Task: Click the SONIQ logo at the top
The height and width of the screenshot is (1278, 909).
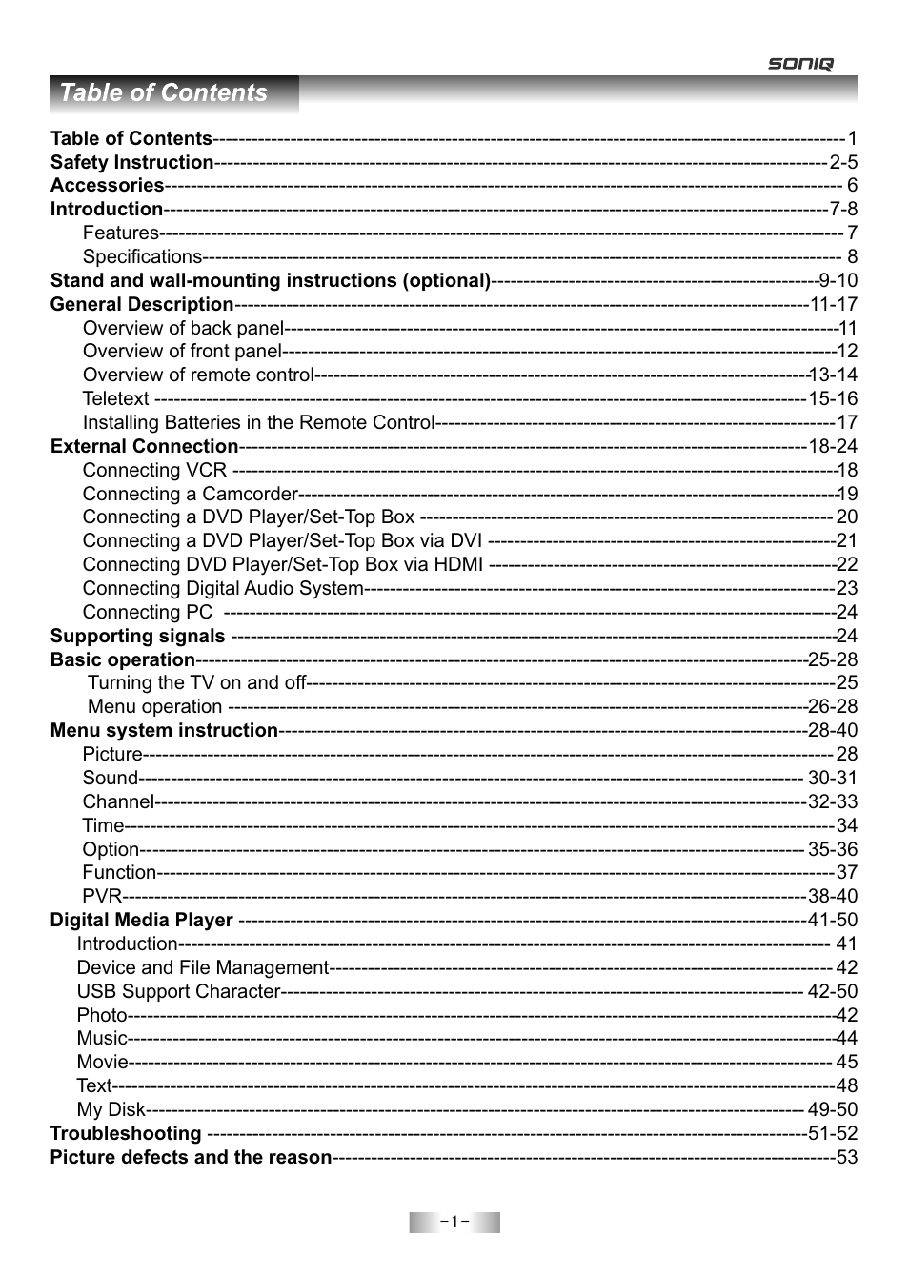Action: coord(800,64)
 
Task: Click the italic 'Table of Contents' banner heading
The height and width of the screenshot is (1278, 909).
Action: coord(164,92)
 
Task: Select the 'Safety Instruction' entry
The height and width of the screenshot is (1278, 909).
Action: coord(131,162)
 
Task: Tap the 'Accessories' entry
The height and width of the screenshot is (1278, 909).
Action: coord(107,186)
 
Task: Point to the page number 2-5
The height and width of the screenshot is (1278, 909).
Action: coord(843,162)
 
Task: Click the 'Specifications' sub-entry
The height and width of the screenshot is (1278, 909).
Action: coord(142,256)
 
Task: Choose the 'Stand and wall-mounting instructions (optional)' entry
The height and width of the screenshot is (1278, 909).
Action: coord(271,280)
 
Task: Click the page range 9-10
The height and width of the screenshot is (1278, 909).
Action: coord(838,280)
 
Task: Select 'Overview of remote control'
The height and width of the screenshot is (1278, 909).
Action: coord(198,375)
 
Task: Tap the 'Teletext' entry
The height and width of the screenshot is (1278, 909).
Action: coord(115,398)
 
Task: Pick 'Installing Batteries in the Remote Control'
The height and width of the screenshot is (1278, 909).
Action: coord(258,422)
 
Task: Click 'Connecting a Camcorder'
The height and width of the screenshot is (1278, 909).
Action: coord(190,494)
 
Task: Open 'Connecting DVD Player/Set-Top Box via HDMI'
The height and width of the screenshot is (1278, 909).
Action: coord(282,564)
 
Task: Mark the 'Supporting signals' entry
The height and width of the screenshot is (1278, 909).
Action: coord(137,636)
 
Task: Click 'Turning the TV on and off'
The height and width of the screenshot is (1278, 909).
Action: coord(197,682)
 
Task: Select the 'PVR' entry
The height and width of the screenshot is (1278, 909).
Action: coord(102,896)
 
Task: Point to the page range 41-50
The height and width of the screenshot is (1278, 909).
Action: coord(833,920)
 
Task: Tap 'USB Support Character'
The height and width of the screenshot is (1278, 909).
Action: coord(178,991)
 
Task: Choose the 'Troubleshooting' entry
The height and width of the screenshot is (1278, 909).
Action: coord(126,1133)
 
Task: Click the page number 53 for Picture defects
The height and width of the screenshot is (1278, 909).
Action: coord(847,1157)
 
